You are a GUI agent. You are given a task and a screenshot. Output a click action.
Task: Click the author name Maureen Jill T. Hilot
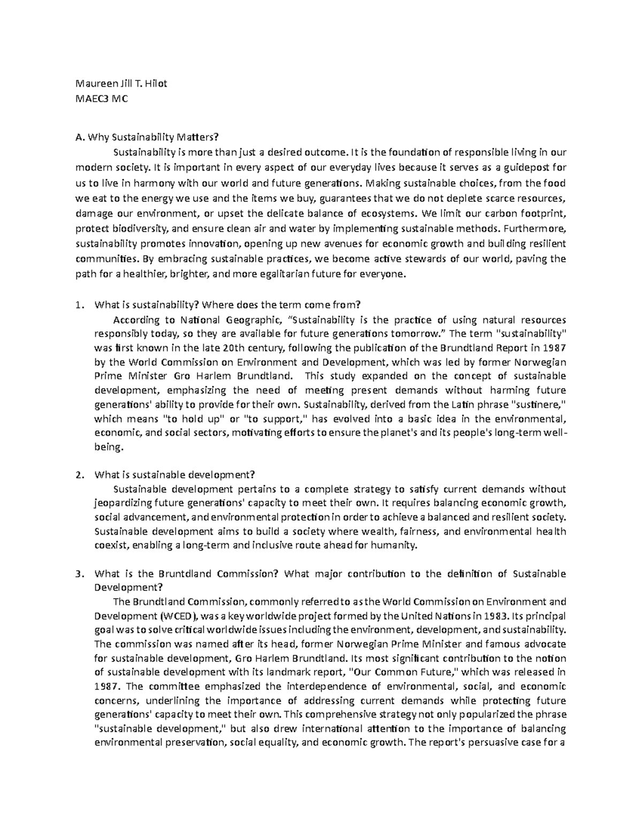pyautogui.click(x=121, y=83)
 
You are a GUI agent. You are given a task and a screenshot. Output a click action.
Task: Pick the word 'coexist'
pyautogui.click(x=111, y=545)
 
